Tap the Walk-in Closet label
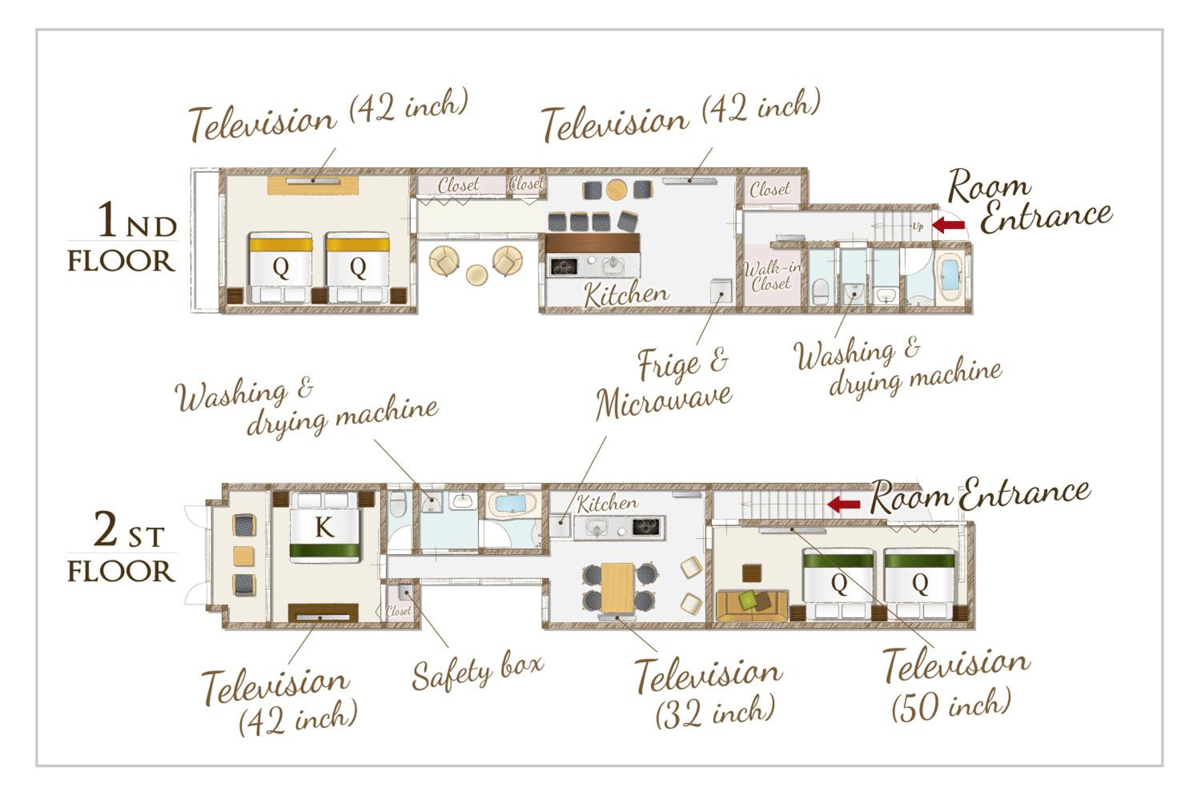point(771,276)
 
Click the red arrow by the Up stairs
point(948,225)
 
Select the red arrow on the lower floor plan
point(844,505)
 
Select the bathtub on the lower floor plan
point(512,505)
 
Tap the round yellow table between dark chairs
point(617,190)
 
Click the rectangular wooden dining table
point(618,587)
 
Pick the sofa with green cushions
point(753,606)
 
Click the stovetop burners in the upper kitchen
point(564,266)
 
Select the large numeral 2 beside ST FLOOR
point(106,529)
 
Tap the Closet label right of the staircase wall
point(770,189)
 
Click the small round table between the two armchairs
point(477,275)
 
